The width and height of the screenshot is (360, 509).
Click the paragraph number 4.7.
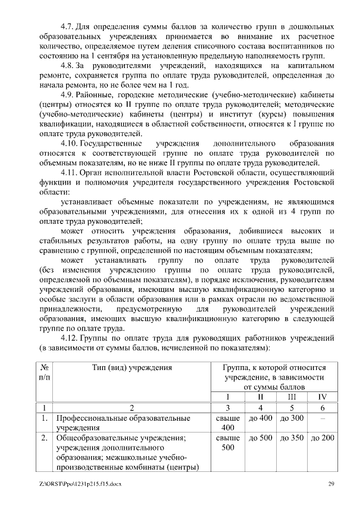(67, 28)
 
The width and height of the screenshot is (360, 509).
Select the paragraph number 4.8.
(67, 67)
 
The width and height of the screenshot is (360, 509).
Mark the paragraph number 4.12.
(69, 339)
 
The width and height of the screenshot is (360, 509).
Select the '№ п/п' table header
(44, 372)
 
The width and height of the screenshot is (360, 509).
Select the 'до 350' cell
(291, 438)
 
